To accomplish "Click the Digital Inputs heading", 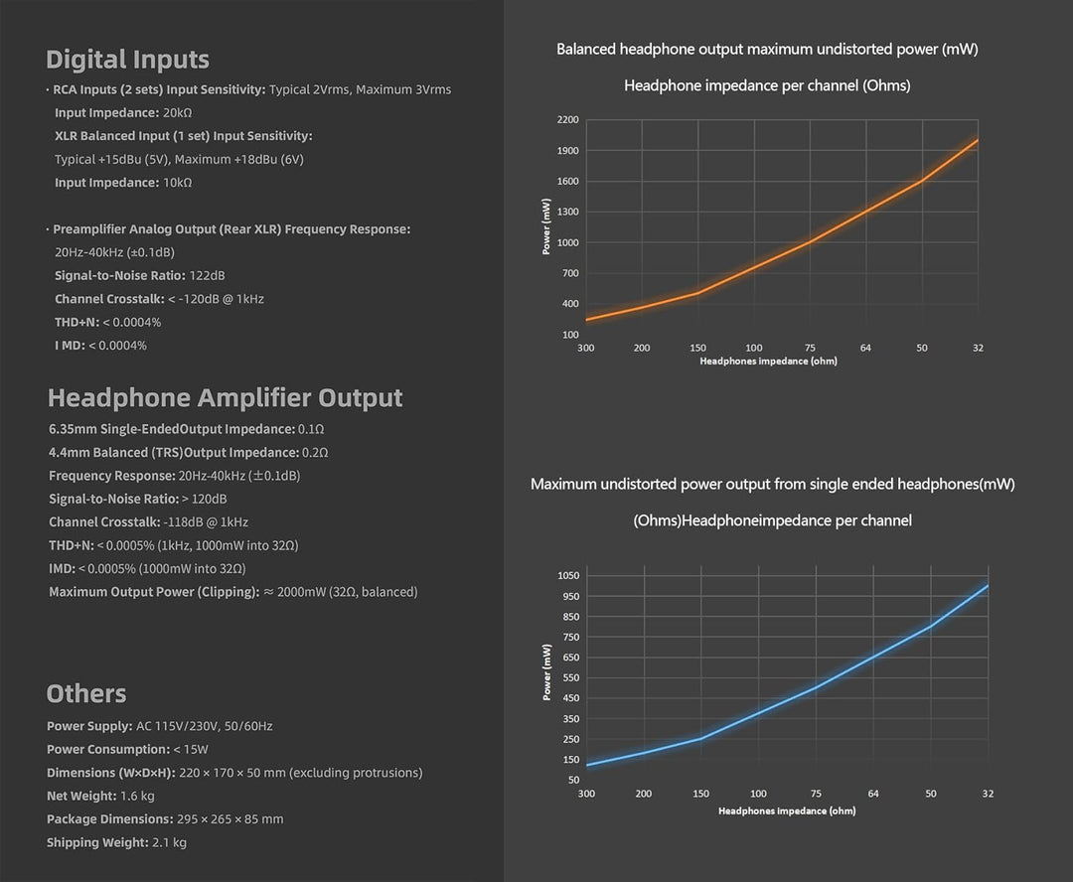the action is pos(127,60).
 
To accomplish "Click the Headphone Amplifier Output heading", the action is pos(226,397).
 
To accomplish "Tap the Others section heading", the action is pos(86,693).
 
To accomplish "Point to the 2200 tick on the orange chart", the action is pos(567,120).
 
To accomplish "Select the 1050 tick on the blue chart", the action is pos(568,575).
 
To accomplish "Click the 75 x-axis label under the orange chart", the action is pos(810,348).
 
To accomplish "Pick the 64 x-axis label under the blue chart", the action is pos(873,794).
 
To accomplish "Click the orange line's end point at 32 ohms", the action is pos(978,140).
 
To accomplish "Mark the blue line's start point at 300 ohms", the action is pos(587,765).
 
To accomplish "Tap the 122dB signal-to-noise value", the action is pos(207,276).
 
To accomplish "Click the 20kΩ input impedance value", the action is pos(177,113).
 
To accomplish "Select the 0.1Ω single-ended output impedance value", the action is pos(311,429).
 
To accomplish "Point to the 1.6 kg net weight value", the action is pos(137,796).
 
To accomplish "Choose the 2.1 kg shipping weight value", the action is pos(169,842).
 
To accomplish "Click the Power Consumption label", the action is pos(108,749).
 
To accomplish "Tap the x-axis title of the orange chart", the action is pos(768,361).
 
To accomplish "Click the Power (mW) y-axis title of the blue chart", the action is pos(546,672).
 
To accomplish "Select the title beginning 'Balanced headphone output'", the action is pos(767,50).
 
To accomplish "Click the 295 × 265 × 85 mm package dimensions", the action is pos(230,819).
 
